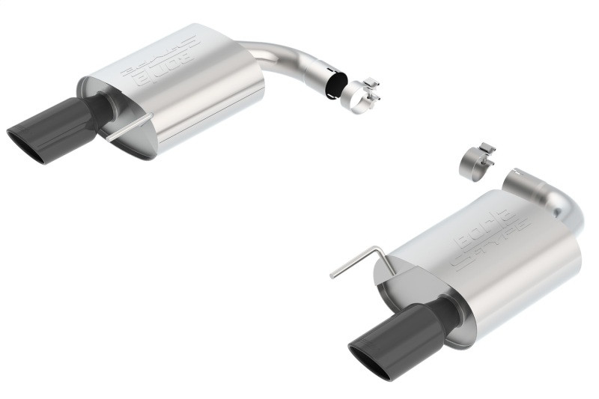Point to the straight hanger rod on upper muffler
pos(127,128)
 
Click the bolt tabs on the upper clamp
pos(372,90)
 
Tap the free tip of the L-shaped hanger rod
pos(332,276)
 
